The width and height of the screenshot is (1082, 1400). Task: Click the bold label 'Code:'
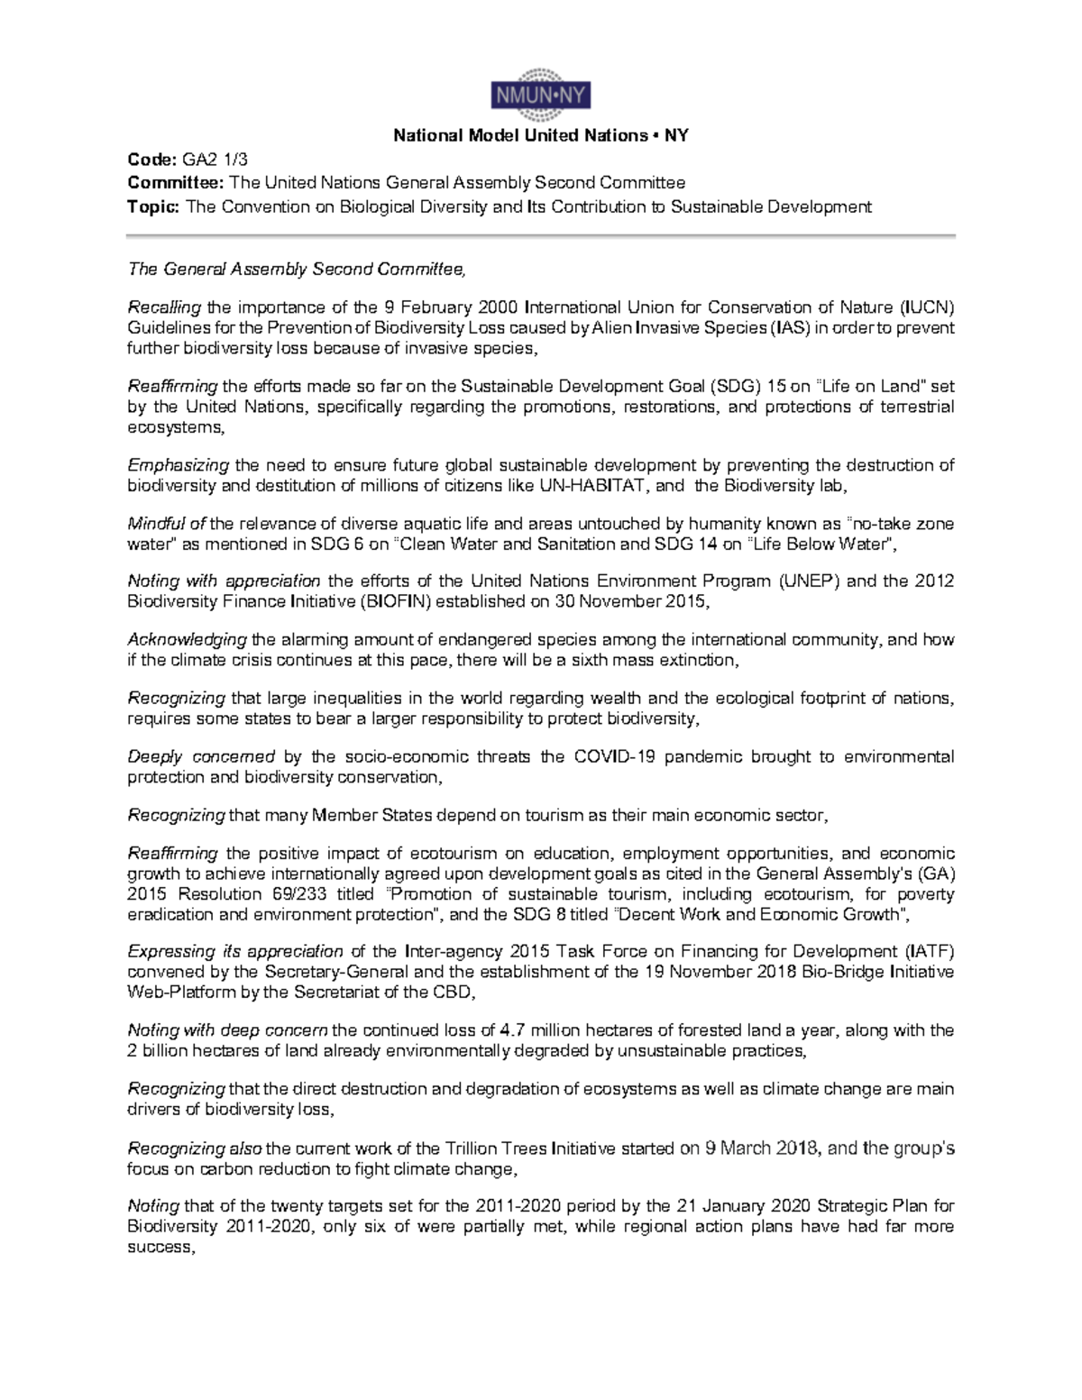coord(151,160)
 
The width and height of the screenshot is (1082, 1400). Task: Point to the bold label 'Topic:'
coord(154,206)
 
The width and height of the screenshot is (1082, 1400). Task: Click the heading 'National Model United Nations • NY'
coord(540,136)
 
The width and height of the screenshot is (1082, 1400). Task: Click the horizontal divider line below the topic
coord(540,236)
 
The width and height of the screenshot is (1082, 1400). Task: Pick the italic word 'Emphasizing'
coord(179,465)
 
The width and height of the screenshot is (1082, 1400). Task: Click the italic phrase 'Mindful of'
coord(167,524)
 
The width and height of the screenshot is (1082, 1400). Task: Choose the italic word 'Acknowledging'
coord(187,640)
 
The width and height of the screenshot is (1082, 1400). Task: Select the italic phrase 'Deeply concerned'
coord(201,756)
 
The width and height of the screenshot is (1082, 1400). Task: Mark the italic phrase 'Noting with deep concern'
coord(229,1030)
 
